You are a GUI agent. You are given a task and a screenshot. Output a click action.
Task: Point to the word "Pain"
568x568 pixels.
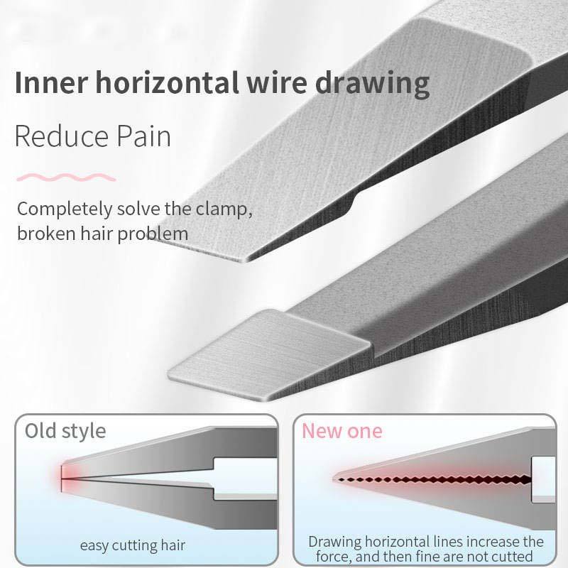tap(144, 135)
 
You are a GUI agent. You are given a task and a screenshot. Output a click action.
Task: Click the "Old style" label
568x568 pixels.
tap(65, 430)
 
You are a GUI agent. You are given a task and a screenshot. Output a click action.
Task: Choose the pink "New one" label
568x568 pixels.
tap(342, 430)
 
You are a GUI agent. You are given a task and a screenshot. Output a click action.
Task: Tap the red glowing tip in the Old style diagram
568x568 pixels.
tap(60, 476)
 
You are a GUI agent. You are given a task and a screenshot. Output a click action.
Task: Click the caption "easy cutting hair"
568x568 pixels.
tap(132, 545)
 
